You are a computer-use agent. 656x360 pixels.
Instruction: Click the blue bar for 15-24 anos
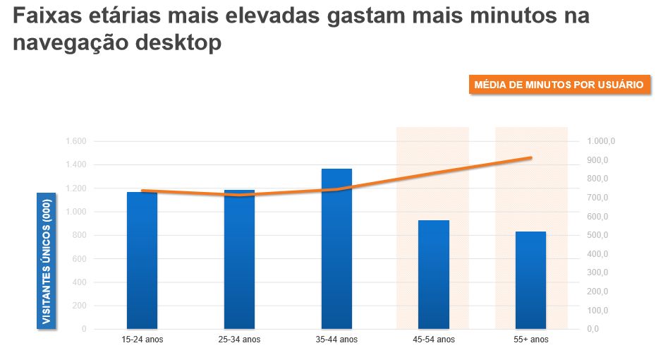click(142, 260)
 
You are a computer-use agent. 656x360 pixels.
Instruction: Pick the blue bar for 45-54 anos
click(434, 275)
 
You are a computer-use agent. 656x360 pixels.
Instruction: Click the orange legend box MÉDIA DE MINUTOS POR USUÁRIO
click(558, 85)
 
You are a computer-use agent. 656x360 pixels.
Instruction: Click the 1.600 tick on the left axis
click(75, 142)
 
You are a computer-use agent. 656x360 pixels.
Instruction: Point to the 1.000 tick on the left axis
click(75, 212)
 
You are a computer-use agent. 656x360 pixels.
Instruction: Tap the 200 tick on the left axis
click(79, 306)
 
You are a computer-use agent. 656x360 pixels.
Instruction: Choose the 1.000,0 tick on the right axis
click(601, 142)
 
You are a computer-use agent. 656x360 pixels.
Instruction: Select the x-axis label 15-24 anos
click(142, 340)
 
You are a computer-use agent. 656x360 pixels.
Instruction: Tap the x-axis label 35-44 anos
click(336, 340)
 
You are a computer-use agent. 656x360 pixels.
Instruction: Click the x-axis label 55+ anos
click(531, 340)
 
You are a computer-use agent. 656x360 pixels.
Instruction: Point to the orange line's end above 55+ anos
click(530, 158)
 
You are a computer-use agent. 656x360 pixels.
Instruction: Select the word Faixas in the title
click(44, 16)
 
